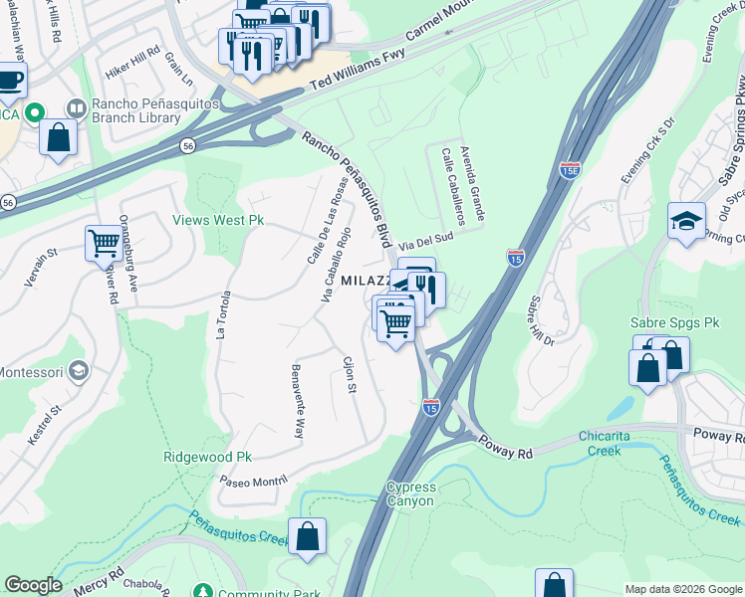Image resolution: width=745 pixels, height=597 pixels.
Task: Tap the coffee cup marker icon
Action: (10, 79)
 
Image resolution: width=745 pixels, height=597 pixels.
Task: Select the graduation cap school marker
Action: (686, 221)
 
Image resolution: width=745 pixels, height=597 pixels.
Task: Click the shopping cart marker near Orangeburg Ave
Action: (104, 241)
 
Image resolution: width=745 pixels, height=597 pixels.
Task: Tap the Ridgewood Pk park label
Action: (207, 457)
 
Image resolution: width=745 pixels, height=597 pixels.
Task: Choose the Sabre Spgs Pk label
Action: (674, 323)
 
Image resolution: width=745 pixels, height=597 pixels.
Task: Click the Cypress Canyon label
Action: (410, 494)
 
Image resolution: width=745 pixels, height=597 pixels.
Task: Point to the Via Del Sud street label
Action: (426, 239)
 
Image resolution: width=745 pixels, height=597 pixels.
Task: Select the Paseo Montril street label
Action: (253, 480)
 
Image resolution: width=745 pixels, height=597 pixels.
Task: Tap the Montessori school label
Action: (30, 372)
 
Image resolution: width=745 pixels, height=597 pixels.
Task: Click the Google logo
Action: (33, 585)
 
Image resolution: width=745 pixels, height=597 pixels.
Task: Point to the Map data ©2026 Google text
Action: (683, 589)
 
